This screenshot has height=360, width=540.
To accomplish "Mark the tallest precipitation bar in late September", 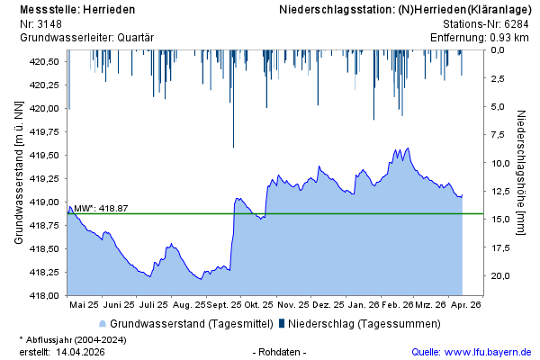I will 233,99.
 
